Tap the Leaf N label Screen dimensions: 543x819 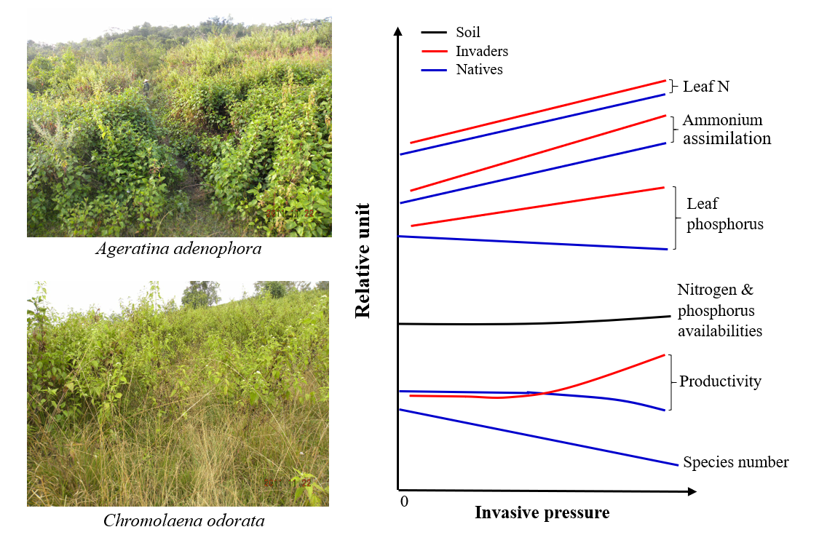705,87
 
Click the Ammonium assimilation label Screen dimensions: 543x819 726,129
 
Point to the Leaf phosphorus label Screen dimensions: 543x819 724,214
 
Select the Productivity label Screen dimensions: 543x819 720,381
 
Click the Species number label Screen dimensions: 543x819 735,462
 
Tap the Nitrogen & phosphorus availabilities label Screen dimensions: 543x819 719,310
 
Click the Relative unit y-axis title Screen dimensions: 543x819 363,261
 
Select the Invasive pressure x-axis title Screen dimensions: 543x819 542,512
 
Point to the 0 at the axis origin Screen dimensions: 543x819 404,502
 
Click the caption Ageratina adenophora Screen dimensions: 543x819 179,249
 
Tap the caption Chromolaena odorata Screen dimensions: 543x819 183,520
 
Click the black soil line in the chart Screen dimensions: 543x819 531,322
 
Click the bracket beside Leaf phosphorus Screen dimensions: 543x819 674,218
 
